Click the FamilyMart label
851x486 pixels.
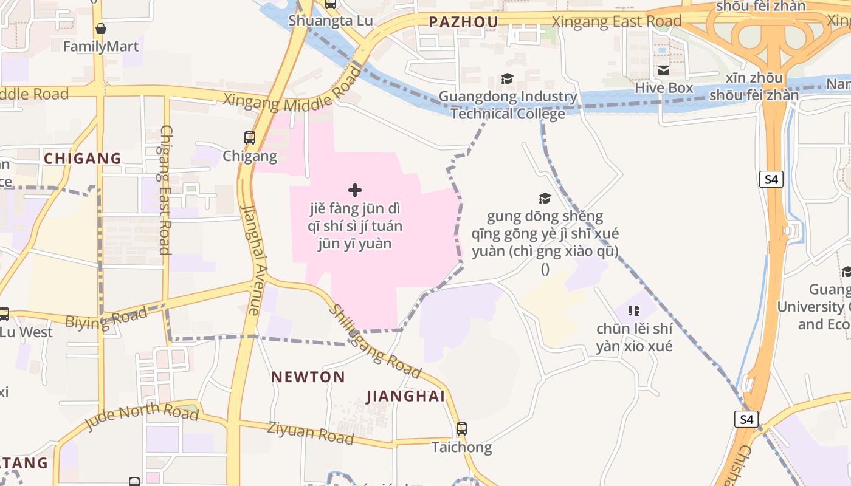pos(102,46)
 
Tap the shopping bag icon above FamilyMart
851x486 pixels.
pos(101,29)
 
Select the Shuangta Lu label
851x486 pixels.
pos(331,20)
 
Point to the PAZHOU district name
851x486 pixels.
pos(463,22)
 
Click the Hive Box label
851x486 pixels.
pos(664,88)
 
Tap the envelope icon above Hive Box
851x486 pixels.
pos(664,70)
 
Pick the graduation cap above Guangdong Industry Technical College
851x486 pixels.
pos(507,79)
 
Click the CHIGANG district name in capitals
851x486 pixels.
pos(83,159)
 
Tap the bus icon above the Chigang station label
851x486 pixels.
pos(250,138)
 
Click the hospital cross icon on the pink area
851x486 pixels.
pos(355,190)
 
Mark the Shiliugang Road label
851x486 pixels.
pos(374,341)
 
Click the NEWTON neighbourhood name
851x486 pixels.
pos(308,377)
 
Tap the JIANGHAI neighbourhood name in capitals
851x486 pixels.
pos(405,397)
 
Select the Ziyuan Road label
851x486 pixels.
pos(311,432)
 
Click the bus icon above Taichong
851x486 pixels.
pos(461,429)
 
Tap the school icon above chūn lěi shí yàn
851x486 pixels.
pos(634,311)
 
